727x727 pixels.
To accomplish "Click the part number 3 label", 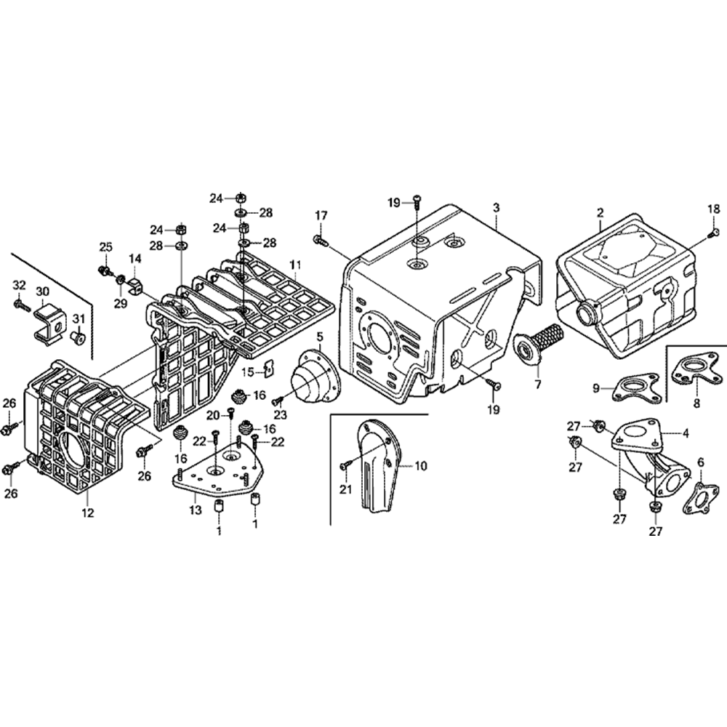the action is tap(496, 208).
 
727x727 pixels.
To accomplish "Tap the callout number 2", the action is tap(601, 213).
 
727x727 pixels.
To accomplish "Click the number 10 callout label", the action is tap(420, 465).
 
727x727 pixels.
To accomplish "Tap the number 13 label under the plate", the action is tap(195, 510).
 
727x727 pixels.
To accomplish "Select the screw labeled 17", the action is tap(321, 240).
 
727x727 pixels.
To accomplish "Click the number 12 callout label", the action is tap(88, 513).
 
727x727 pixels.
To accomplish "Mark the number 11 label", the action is tap(295, 265).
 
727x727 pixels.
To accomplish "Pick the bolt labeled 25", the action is tap(104, 270).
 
